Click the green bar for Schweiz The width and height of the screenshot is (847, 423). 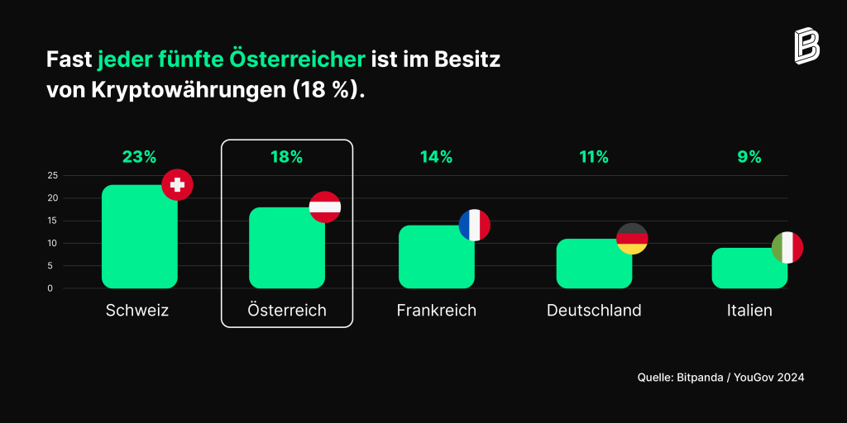[x=139, y=236]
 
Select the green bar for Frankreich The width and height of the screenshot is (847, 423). [x=437, y=257]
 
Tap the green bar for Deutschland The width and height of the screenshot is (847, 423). [x=594, y=264]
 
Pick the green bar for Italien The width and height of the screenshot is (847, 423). [x=749, y=269]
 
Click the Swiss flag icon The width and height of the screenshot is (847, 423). [x=177, y=184]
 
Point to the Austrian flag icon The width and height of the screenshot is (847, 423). [x=324, y=207]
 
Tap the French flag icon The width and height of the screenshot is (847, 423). [x=474, y=225]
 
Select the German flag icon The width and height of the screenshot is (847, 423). [x=632, y=239]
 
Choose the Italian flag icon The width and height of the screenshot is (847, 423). [x=787, y=248]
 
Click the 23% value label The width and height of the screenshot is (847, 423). [x=139, y=157]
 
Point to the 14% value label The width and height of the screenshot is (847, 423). [x=437, y=157]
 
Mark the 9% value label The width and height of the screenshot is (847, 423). [x=749, y=157]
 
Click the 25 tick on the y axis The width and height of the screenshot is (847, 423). [x=53, y=175]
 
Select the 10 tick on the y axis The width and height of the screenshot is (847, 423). [x=53, y=244]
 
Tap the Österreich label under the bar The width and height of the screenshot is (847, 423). [x=287, y=311]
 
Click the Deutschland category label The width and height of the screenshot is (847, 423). [x=594, y=311]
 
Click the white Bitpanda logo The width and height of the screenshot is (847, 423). [x=806, y=46]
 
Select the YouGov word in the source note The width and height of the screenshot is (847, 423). [x=754, y=378]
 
